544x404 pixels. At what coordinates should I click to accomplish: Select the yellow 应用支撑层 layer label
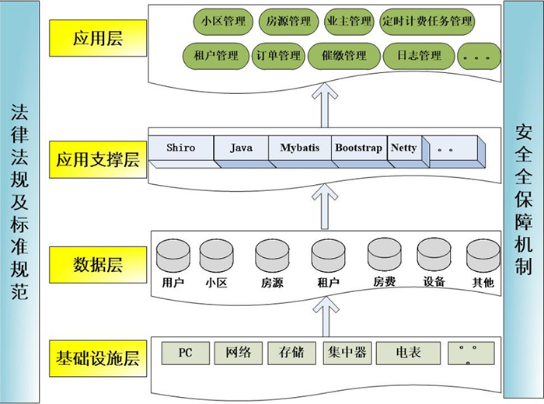click(97, 160)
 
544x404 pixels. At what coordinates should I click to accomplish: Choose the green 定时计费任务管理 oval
click(427, 22)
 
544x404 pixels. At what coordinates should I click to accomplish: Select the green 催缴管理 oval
click(338, 56)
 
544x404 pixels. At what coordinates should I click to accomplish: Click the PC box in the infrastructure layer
click(185, 353)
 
